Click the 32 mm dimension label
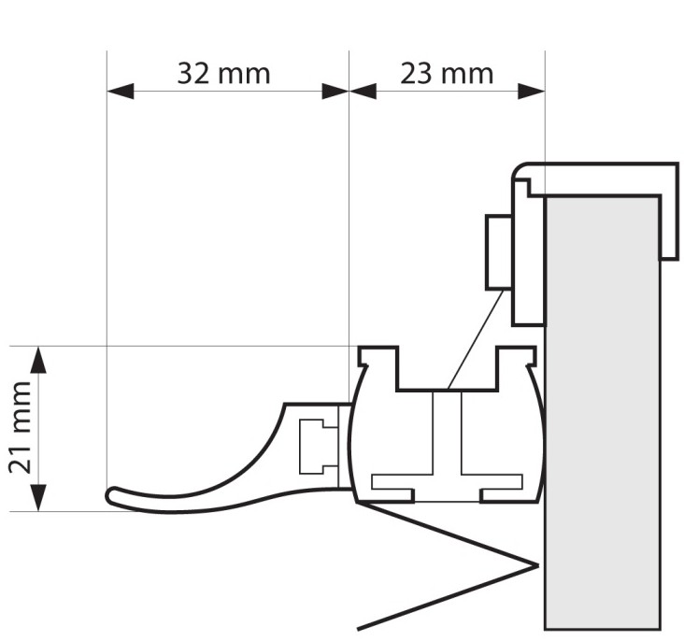(223, 72)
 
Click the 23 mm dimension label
(447, 72)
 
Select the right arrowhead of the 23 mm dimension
(532, 91)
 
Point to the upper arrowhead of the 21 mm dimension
(38, 359)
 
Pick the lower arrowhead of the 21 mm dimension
(38, 498)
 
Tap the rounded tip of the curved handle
(113, 497)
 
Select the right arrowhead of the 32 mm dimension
(335, 91)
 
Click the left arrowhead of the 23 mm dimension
(363, 91)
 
